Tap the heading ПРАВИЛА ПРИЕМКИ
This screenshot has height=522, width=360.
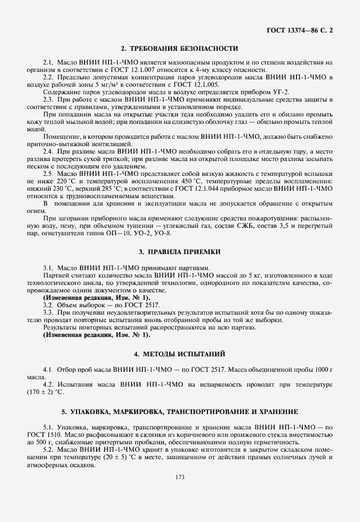(179, 251)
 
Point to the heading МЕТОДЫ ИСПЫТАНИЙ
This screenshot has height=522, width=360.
(179, 354)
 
